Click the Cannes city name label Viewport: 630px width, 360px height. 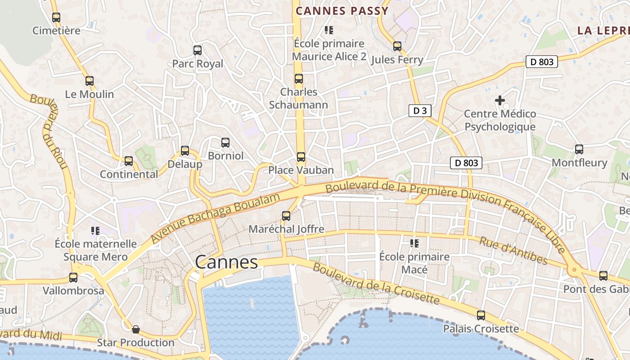226,262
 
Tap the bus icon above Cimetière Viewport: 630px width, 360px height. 56,18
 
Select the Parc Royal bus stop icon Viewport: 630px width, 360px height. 197,50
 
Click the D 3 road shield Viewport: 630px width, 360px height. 419,111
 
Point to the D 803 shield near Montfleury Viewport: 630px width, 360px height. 466,163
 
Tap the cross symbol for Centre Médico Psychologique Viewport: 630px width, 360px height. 499,100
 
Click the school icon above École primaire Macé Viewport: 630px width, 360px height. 414,243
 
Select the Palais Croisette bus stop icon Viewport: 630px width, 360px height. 481,315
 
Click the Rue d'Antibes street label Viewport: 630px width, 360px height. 513,251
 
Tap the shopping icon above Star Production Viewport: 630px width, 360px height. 135,330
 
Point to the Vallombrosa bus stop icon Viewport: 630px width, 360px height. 73,278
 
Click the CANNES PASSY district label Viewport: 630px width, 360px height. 342,11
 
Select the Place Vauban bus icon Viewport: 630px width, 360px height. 301,157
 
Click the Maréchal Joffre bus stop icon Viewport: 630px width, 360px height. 286,216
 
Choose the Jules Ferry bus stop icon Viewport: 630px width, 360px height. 397,46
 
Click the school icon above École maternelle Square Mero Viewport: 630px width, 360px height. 95,231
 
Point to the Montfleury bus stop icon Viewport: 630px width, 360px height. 579,149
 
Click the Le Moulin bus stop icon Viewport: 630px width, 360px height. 89,81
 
